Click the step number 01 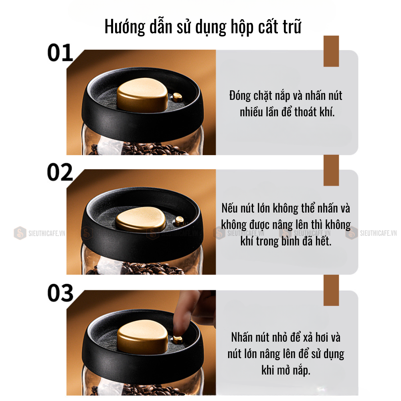point(61,53)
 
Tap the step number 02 point(60,172)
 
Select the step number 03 point(61,293)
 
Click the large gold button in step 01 point(142,95)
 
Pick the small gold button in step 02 point(179,221)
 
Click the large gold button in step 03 point(143,337)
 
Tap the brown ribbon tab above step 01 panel point(331,51)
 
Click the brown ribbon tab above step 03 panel point(331,290)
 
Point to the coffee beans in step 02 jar point(143,269)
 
